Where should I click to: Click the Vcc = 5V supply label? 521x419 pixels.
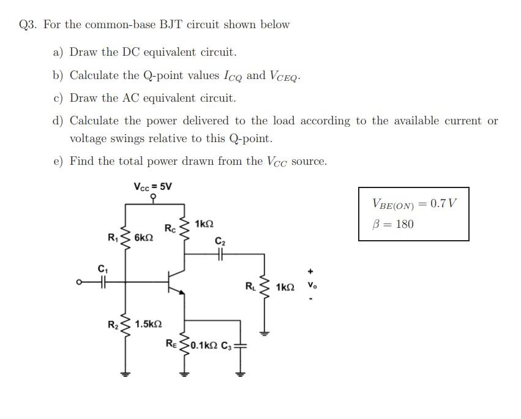point(152,186)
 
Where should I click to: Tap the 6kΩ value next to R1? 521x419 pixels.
point(143,237)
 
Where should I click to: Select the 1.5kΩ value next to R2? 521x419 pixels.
point(149,323)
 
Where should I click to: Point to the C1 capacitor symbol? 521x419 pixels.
point(103,282)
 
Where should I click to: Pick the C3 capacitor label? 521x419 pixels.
point(225,345)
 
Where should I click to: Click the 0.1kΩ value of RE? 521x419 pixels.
point(203,345)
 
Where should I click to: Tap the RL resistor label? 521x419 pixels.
point(250,285)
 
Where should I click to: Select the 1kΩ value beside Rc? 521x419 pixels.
point(204,224)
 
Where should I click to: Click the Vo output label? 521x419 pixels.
point(312,285)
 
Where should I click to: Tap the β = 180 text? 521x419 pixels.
point(393,224)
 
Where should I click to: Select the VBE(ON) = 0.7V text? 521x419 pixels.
point(414,204)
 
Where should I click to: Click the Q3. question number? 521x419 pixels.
point(28,25)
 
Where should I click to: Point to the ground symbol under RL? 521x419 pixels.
point(264,334)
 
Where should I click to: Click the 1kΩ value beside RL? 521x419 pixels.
point(285,287)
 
